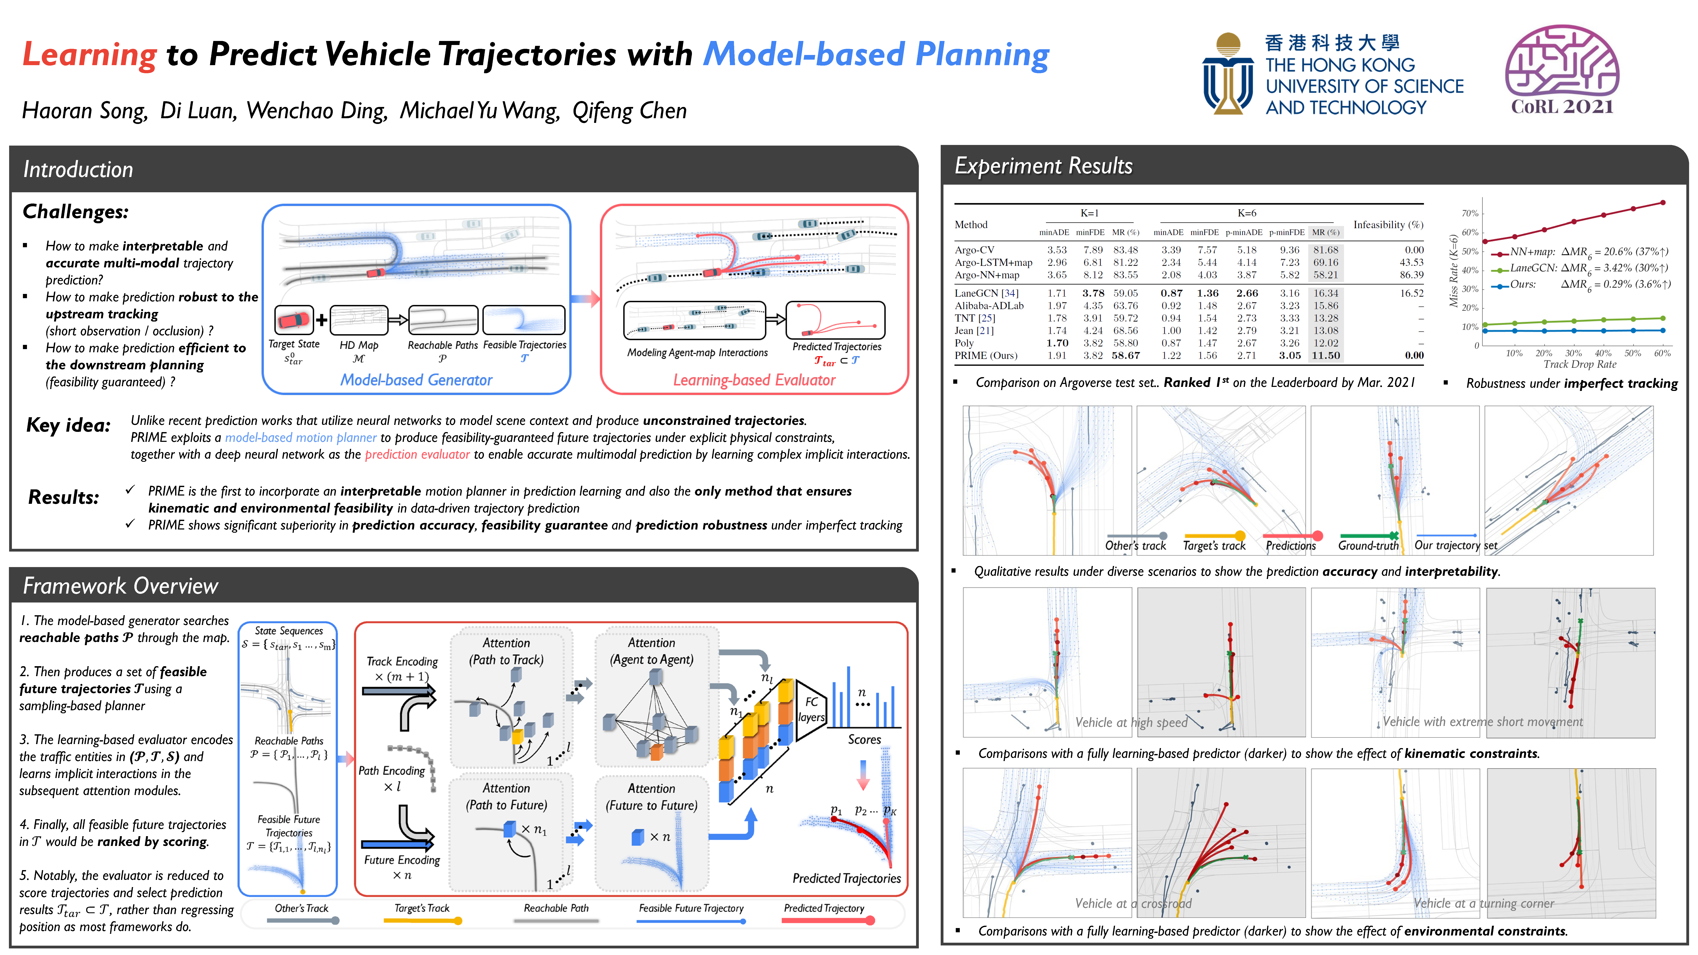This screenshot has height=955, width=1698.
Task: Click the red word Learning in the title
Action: pos(90,54)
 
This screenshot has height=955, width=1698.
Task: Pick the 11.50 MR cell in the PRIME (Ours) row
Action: pos(1326,355)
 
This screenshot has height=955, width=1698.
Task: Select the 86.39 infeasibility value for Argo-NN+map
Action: pos(1411,275)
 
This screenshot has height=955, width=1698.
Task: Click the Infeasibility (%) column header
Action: pos(1387,225)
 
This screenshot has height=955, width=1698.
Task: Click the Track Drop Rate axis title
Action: pos(1579,364)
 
